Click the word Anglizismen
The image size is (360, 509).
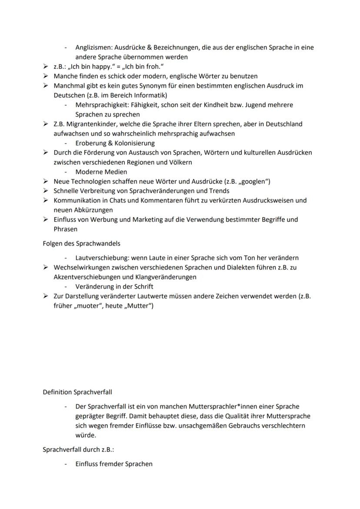pyautogui.click(x=93, y=47)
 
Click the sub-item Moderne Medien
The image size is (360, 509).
pyautogui.click(x=101, y=172)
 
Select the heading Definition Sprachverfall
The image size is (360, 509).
pyautogui.click(x=77, y=392)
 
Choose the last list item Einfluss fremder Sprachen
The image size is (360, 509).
pyautogui.click(x=113, y=464)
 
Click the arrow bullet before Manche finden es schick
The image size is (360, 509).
pyautogui.click(x=45, y=76)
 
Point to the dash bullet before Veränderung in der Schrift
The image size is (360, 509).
pyautogui.click(x=66, y=286)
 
